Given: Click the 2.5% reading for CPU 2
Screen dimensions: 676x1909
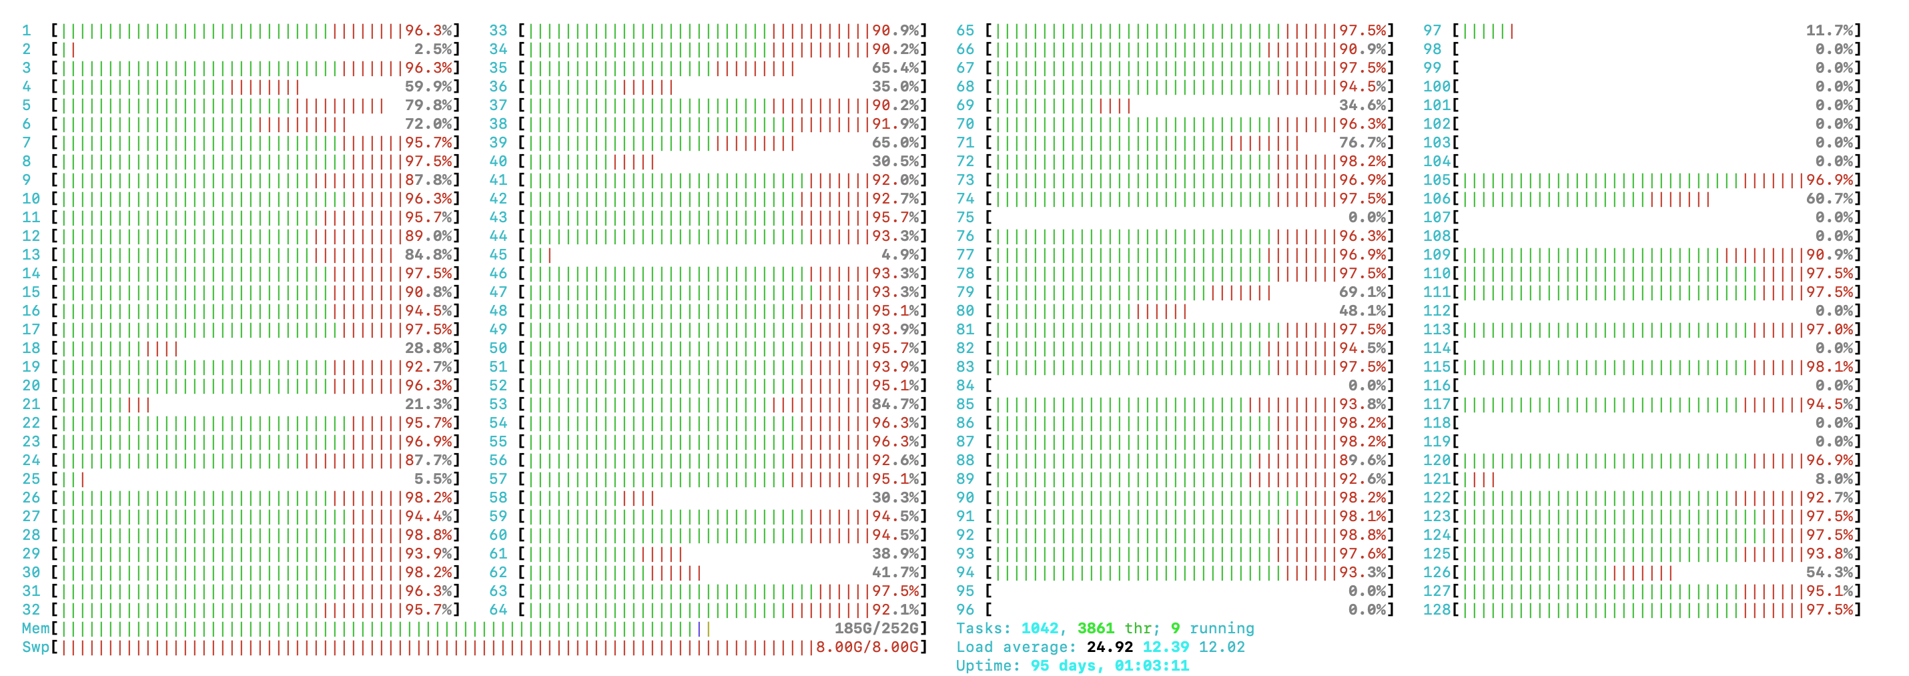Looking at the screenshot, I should click(x=433, y=49).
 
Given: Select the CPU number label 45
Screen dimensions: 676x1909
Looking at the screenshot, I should click(x=498, y=255).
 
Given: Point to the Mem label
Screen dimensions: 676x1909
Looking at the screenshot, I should click(x=35, y=629).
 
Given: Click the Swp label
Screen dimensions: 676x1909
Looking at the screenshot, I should click(x=35, y=647).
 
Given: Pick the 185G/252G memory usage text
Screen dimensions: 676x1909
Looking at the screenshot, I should click(x=876, y=629).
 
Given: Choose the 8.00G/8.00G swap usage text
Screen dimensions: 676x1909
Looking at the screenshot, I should click(x=866, y=647).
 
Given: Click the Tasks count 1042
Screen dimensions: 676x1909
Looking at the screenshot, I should click(x=1040, y=629).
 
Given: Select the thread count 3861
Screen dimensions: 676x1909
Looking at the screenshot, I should click(x=1096, y=629).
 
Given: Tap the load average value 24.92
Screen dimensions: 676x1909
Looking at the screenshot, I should click(x=1110, y=647).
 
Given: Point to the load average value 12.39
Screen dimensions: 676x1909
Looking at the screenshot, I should click(x=1166, y=647).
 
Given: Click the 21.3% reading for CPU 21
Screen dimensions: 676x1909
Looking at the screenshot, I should click(x=428, y=404).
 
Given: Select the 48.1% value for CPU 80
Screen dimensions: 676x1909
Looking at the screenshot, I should click(x=1362, y=310).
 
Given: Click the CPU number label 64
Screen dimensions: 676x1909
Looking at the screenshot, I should click(x=498, y=610).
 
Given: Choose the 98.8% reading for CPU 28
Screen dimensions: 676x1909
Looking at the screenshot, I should click(x=428, y=535).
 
